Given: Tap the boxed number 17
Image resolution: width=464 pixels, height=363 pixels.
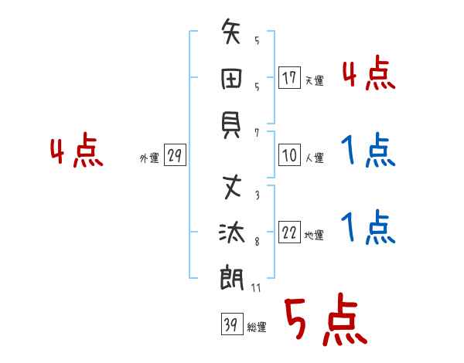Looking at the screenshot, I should pyautogui.click(x=289, y=77).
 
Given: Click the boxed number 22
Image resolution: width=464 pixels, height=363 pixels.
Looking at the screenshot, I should pyautogui.click(x=289, y=233).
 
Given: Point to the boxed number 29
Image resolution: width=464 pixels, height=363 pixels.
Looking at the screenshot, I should pyautogui.click(x=175, y=156).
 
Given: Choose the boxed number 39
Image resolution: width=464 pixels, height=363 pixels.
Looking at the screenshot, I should pyautogui.click(x=230, y=324).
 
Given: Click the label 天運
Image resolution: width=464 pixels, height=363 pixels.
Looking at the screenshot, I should pyautogui.click(x=314, y=80).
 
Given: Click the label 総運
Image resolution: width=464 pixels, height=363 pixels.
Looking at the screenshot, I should pyautogui.click(x=256, y=327).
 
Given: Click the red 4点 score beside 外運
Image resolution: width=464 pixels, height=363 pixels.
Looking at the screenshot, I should pyautogui.click(x=77, y=152).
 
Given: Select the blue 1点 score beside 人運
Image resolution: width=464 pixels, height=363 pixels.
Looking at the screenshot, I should pyautogui.click(x=367, y=151).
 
